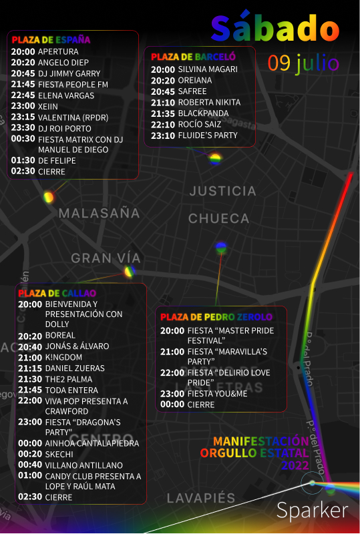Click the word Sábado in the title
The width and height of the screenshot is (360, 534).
(x=275, y=28)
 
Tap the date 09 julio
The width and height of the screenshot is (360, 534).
(x=303, y=63)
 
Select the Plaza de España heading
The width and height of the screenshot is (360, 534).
(x=51, y=40)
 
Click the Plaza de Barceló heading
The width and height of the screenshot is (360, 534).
(x=193, y=57)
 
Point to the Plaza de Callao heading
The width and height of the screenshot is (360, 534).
(x=57, y=293)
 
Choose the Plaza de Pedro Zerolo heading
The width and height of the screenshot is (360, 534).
(x=216, y=316)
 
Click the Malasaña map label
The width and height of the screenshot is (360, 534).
(x=99, y=214)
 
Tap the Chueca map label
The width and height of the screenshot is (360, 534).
(x=218, y=218)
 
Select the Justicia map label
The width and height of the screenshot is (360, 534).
(x=222, y=191)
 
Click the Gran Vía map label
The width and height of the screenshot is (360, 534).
(x=106, y=258)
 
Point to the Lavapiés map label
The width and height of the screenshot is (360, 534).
(x=201, y=499)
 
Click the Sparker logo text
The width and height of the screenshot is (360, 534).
(x=312, y=511)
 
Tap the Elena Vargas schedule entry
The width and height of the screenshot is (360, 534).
(x=65, y=95)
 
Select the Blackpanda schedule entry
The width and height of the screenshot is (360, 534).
(x=203, y=113)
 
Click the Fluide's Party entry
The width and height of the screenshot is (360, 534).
(x=207, y=136)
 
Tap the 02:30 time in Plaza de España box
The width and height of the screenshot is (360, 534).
(x=23, y=172)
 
